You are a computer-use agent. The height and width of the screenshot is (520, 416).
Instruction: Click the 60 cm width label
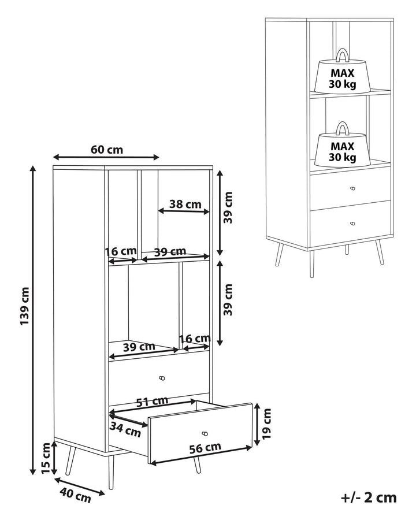[107, 150]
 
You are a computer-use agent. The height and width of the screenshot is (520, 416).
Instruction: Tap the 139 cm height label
[25, 306]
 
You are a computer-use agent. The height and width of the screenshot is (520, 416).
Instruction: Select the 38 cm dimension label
[185, 204]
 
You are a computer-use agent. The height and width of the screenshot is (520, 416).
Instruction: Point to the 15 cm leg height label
[46, 458]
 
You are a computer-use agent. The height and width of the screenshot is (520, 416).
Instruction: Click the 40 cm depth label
[75, 496]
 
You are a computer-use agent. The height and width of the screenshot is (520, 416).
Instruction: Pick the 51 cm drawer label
[153, 402]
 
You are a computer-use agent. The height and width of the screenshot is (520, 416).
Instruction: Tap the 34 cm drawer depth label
[125, 430]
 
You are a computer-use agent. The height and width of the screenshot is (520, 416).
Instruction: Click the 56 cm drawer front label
[205, 448]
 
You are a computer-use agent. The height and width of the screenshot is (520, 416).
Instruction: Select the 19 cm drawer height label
[266, 424]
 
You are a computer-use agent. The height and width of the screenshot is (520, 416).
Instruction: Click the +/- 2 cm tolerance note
[369, 497]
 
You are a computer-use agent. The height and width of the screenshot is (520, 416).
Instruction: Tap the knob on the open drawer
[205, 433]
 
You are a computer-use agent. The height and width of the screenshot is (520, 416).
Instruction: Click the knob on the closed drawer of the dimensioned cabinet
[162, 378]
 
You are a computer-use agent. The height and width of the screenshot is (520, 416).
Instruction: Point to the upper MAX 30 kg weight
[343, 73]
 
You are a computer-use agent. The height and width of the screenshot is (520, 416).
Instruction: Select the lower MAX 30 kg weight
[343, 146]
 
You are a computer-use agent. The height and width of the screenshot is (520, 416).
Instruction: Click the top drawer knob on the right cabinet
[353, 189]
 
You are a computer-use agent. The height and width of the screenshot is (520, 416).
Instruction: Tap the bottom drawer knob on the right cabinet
[352, 223]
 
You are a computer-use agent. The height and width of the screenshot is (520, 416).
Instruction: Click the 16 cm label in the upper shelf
[121, 251]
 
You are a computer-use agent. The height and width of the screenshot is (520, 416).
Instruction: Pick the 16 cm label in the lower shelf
[195, 339]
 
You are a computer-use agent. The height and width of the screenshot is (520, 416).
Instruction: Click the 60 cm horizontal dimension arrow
[106, 157]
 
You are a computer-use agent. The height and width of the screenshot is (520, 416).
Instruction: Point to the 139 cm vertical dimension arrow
[32, 320]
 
